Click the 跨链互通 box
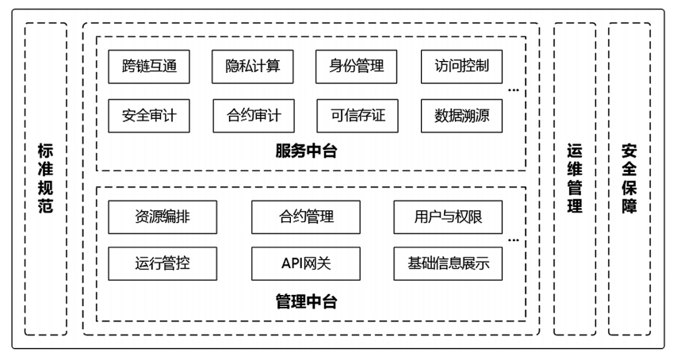tap(149, 67)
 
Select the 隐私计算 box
tap(253, 67)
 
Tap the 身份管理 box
tap(357, 67)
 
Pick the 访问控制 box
tap(461, 67)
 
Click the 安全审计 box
tap(149, 116)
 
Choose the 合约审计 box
tap(253, 116)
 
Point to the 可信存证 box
tap(357, 116)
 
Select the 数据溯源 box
tap(461, 116)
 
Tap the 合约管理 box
tap(306, 216)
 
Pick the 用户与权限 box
tap(448, 216)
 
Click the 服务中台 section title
tap(306, 151)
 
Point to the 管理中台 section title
tap(306, 301)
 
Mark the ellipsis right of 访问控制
tap(514, 90)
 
